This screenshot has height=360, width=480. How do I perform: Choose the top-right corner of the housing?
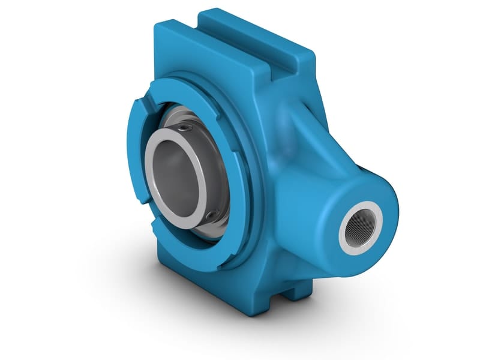coord(309,57)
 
